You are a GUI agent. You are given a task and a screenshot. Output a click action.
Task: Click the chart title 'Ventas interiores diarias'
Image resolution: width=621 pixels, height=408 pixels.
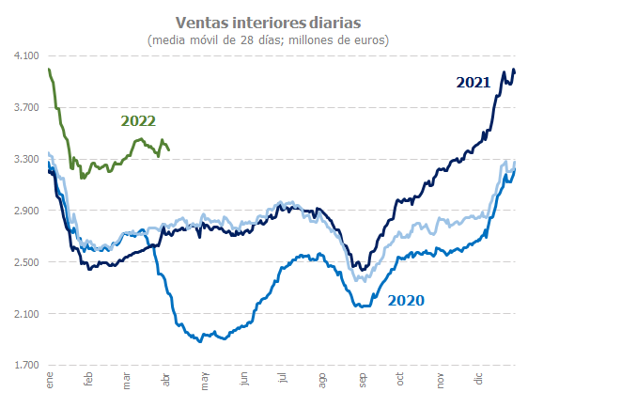coord(269,21)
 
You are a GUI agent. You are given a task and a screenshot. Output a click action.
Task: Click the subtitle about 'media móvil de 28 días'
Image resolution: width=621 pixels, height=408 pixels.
coord(269,39)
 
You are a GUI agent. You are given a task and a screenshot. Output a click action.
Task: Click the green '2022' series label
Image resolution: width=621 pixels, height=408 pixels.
coord(138,121)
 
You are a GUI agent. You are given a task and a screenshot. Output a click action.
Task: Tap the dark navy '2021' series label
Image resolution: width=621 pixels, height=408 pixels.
coord(474,83)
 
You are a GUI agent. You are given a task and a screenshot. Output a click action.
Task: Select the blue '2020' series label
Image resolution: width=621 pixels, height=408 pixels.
coord(406,301)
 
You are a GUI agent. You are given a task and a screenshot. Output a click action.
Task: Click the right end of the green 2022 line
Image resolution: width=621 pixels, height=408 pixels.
coord(168,149)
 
